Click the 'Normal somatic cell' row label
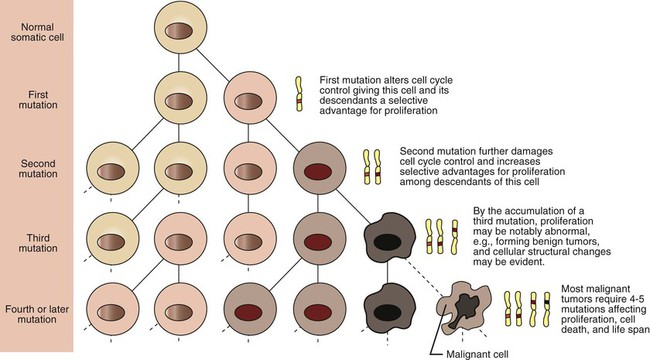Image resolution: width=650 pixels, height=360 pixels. coord(38,32)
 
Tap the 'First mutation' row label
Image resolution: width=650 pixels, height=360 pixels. coord(38,100)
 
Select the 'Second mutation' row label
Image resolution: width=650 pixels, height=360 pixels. coord(38,169)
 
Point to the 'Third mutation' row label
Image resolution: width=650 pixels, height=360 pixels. coord(38,243)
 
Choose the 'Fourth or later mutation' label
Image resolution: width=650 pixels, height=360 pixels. coord(37,314)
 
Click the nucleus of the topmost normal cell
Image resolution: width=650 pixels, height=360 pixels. coord(179,31)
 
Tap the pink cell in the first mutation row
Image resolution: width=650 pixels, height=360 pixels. coord(250,100)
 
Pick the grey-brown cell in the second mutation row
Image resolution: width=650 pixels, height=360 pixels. coord(319,169)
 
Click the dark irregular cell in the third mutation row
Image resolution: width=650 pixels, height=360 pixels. coord(389,237)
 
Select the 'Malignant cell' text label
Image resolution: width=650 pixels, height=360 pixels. coord(477,355)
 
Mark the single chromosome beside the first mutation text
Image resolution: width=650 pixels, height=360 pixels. coord(299,94)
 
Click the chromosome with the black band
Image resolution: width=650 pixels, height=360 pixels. coord(547,309)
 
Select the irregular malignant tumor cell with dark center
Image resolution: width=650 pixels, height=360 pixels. coord(464,308)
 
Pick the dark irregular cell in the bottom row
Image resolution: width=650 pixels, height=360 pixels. coord(389,308)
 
